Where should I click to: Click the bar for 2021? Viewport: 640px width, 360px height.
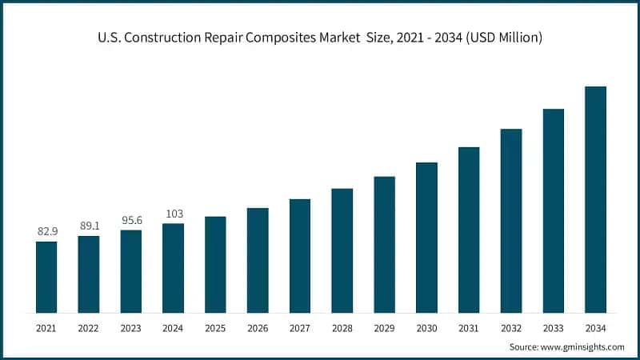coord(46,277)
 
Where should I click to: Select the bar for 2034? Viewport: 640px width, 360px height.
coord(595,199)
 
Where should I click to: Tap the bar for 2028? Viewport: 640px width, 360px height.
coord(342,250)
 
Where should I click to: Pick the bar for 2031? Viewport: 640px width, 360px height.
coord(469,230)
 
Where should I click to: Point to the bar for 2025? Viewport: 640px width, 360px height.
coord(215,264)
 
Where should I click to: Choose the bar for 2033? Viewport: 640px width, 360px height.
coord(554,210)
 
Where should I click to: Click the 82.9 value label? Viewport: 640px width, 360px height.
coord(47,231)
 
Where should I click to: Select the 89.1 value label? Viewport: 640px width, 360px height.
coord(89,226)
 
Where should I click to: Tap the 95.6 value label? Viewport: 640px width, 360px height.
coord(131,220)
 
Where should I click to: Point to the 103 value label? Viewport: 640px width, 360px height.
coord(174,214)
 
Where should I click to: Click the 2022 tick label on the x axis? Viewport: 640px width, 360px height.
coord(89,328)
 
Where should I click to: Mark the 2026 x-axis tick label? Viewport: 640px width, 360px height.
coord(258,328)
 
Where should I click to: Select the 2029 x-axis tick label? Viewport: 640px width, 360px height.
coord(384,328)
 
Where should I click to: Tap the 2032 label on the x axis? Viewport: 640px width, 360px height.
coord(511,328)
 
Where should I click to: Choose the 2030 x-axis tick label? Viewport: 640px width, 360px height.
coord(426,328)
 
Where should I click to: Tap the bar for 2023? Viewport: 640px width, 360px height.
coord(131,271)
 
